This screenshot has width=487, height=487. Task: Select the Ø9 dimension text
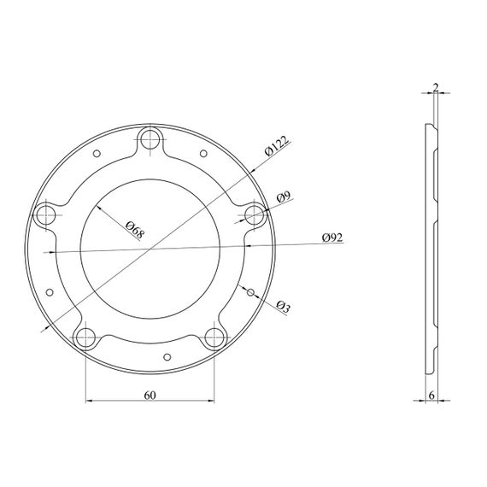(284, 197)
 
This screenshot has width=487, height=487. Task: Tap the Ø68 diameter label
(135, 230)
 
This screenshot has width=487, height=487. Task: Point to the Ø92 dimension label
(332, 238)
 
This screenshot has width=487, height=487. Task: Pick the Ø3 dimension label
(283, 306)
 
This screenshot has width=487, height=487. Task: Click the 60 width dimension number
(150, 396)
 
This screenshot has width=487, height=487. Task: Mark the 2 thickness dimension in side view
(436, 87)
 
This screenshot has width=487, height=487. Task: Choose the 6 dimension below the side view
(431, 396)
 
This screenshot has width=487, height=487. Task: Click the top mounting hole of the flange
(150, 139)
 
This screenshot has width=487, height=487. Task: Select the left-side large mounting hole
(46, 215)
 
